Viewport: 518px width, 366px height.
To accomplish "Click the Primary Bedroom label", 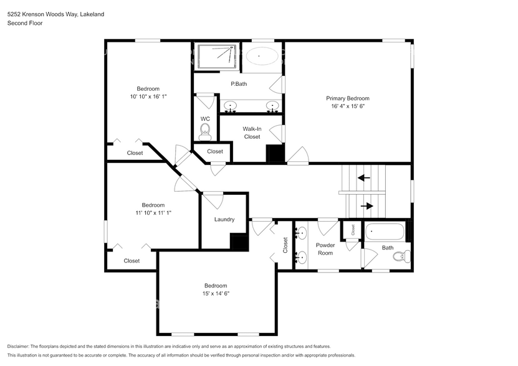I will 348,98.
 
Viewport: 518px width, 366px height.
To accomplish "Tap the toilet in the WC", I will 205,131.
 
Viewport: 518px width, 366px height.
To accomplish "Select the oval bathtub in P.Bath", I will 261,56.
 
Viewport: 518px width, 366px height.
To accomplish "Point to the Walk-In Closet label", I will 252,133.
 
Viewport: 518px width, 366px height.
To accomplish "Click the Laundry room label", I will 224,219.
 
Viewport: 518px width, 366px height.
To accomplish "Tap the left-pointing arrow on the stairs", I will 363,177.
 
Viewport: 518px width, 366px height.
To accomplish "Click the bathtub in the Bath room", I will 384,232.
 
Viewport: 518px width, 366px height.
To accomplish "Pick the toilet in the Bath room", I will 405,255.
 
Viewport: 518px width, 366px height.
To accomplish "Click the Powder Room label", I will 325,249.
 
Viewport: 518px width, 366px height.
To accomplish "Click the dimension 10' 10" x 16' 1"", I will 148,97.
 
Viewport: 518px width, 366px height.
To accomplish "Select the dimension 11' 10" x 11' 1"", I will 153,213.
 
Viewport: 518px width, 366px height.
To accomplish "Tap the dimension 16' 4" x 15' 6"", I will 348,106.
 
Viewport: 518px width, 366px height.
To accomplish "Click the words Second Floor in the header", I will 25,23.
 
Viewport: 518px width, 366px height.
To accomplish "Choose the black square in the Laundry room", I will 239,242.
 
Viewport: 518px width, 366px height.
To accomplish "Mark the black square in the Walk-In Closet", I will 274,154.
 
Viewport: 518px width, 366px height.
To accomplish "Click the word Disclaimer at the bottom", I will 21,346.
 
